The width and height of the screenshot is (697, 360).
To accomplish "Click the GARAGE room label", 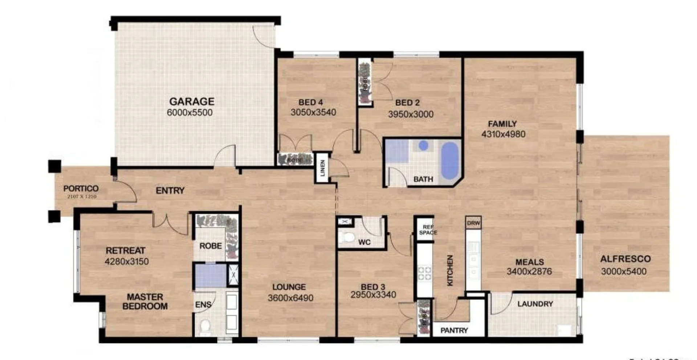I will [192, 101].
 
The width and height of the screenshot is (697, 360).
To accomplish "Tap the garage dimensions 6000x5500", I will [189, 113].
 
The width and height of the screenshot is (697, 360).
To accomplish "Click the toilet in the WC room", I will [348, 237].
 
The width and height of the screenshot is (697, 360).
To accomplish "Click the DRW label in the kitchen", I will [473, 223].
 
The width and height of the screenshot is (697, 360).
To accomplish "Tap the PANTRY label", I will [454, 330].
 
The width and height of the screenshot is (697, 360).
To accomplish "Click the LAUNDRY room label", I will [535, 304].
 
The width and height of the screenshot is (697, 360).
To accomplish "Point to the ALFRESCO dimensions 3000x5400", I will [624, 271].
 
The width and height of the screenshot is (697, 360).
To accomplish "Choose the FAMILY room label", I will [502, 124].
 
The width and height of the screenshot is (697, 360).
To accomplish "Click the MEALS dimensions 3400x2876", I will [529, 271].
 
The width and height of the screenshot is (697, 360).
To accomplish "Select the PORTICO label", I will [81, 189].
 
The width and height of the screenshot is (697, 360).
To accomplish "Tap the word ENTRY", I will [170, 190].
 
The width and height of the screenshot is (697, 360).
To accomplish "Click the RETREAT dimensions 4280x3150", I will [127, 262].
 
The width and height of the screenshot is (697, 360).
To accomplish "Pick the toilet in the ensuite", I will [205, 325].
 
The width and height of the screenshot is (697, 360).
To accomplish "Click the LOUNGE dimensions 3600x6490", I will [290, 298].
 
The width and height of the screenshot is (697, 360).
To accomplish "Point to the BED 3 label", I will [373, 286].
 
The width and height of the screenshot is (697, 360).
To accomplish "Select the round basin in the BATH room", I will [423, 145].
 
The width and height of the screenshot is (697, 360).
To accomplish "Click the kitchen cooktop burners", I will [424, 273].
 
